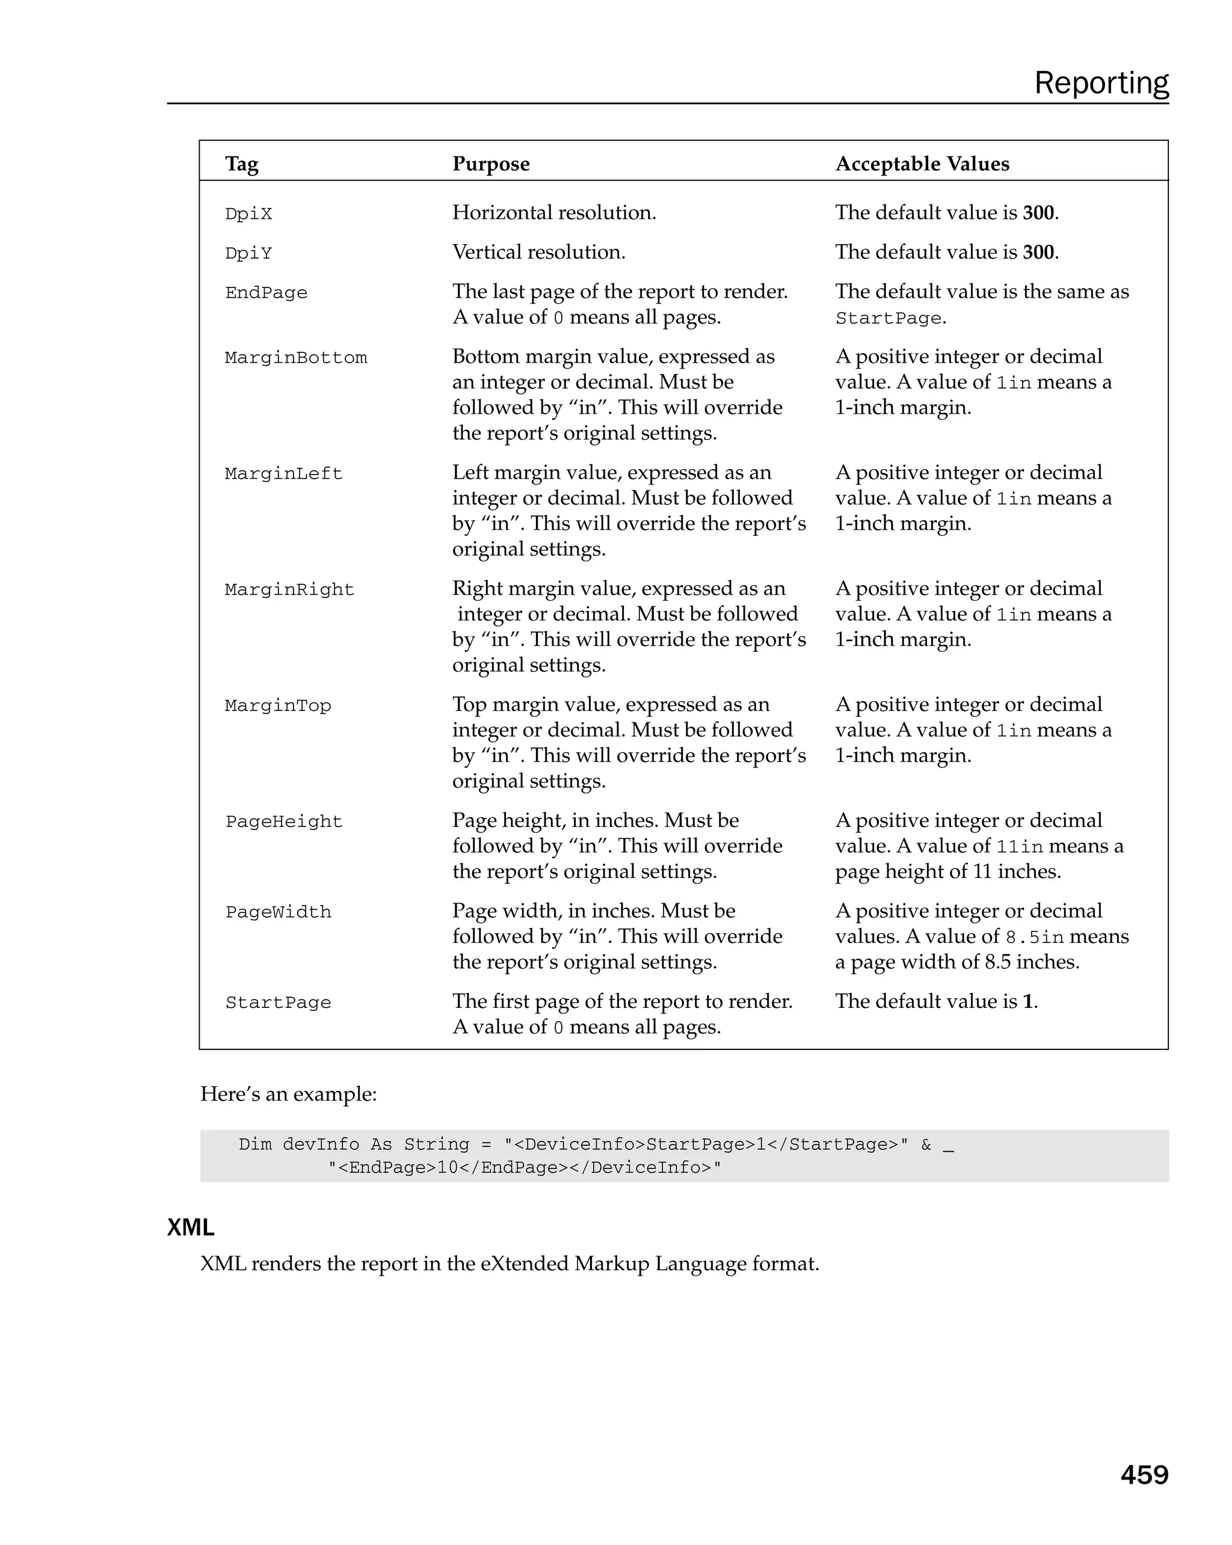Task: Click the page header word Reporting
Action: [1100, 84]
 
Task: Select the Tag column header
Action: [241, 164]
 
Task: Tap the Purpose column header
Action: [491, 164]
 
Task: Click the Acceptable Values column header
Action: [922, 164]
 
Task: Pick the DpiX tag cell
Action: [248, 214]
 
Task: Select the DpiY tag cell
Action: [248, 254]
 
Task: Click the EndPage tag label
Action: [266, 293]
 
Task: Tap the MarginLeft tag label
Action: [283, 475]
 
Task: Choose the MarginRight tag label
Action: [289, 591]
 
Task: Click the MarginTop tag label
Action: [277, 707]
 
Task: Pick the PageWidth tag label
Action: [277, 913]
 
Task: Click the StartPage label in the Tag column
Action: [277, 1003]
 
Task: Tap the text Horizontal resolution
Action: [553, 213]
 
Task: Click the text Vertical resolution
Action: [538, 252]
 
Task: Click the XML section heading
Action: [191, 1227]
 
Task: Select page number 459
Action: [1144, 1475]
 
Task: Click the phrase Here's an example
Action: [288, 1095]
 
